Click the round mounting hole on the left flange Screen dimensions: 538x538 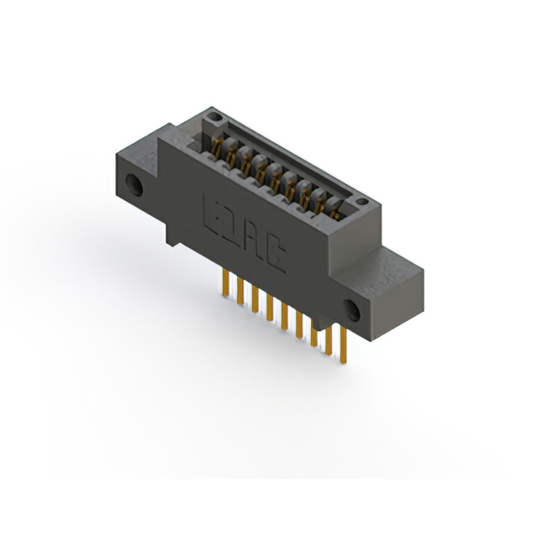(x=132, y=182)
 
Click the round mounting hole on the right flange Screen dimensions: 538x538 (x=354, y=313)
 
